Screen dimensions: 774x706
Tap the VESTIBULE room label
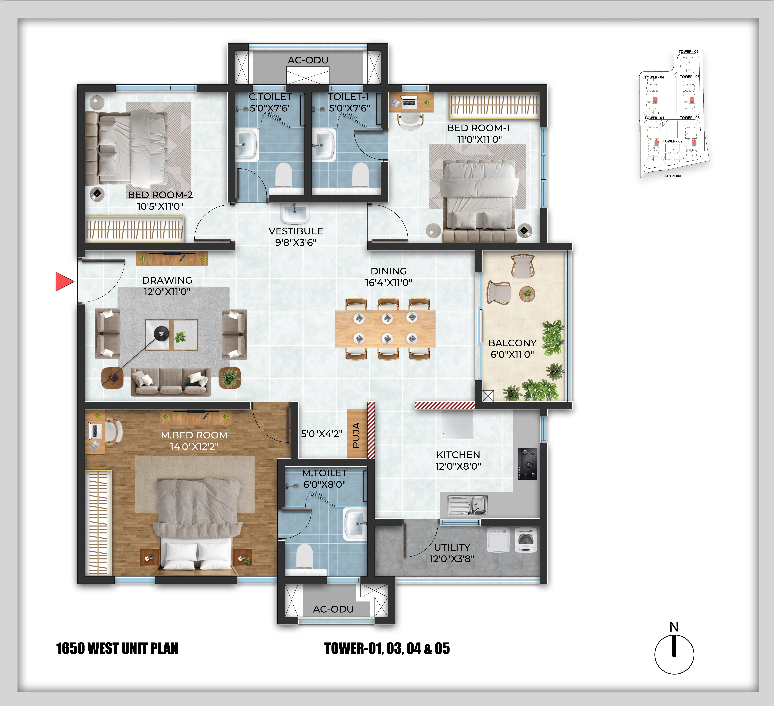tap(296, 231)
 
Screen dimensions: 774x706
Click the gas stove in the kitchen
tap(527, 464)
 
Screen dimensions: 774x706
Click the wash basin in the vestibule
tap(294, 213)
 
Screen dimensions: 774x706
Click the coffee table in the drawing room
tap(172, 335)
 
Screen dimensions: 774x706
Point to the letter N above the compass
tap(674, 627)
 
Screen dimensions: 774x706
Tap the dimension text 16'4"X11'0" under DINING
tap(389, 282)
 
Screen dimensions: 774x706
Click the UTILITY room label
tap(452, 547)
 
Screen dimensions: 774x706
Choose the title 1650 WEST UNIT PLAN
tap(117, 648)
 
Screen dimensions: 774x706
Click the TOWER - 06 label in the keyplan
tap(688, 51)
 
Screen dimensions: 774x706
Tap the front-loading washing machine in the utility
tap(526, 541)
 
